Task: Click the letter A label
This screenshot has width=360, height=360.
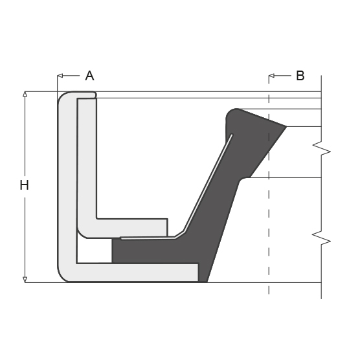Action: coord(89,76)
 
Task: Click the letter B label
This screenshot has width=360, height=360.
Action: coord(300,76)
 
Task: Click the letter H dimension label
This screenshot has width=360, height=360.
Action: coord(25,185)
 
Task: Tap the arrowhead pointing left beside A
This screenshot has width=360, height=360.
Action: coord(60,76)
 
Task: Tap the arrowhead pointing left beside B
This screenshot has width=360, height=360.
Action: coord(271,76)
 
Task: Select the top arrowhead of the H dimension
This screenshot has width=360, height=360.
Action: coord(25,94)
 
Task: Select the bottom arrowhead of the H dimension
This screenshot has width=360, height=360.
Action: coord(25,280)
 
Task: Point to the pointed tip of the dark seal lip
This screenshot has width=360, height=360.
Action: coord(287,126)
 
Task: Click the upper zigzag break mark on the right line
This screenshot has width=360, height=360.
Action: coord(321,148)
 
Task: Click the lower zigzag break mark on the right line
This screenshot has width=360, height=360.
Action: coord(321,238)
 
